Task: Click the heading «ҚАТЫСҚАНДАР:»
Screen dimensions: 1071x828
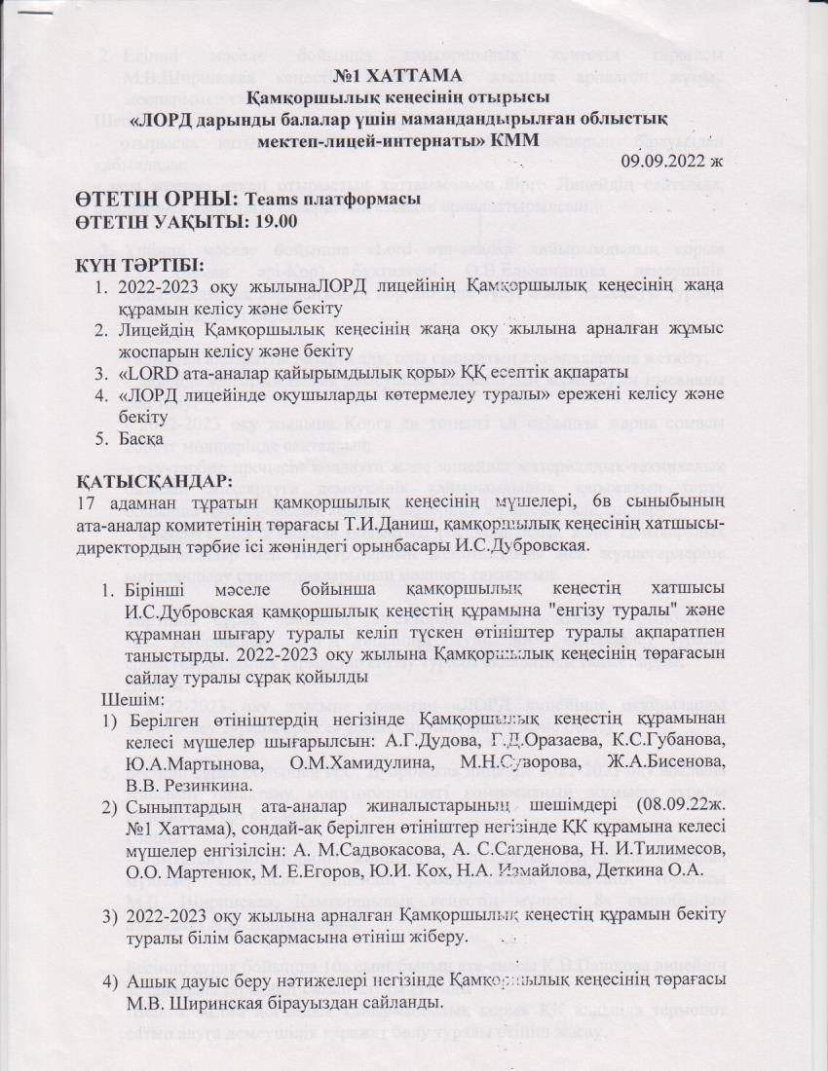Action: point(154,481)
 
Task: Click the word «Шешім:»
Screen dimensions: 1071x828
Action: point(130,699)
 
